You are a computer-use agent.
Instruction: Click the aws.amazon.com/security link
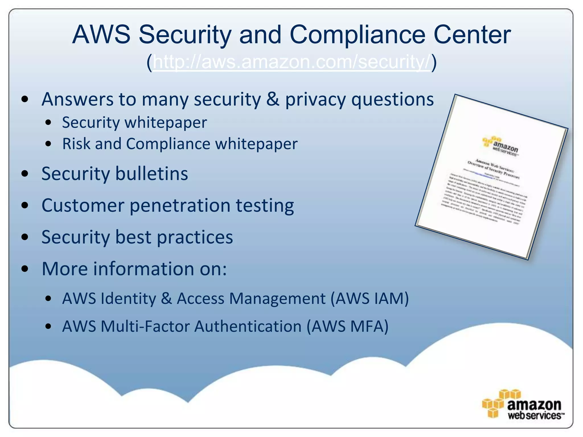(291, 62)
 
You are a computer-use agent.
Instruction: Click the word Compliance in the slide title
(358, 35)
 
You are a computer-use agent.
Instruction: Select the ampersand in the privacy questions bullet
(273, 99)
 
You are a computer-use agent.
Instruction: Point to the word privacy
(315, 100)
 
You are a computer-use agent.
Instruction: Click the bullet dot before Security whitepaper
(48, 123)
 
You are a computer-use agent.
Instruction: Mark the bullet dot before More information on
(25, 269)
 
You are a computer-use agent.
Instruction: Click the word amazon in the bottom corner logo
(534, 405)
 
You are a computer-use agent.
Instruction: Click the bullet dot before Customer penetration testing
(25, 206)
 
